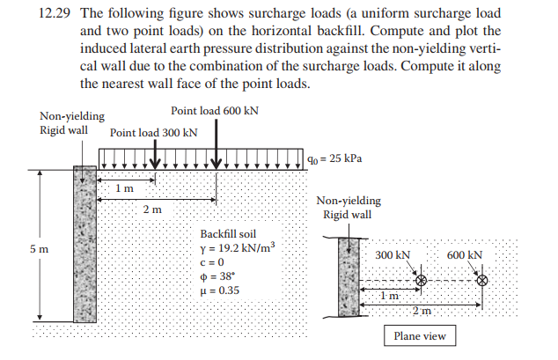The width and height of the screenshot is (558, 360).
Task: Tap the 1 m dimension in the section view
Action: coord(125,188)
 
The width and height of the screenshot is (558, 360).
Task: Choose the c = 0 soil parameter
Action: coord(215,263)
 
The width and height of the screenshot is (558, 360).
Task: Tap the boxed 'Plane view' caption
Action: coord(419,335)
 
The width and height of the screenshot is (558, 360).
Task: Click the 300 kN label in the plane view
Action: coord(393,254)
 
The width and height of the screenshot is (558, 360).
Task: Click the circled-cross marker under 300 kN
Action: coord(421,281)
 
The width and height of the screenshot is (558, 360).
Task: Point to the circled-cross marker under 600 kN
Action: coord(481,281)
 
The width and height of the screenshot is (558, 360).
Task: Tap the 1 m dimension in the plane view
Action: coord(388,296)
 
